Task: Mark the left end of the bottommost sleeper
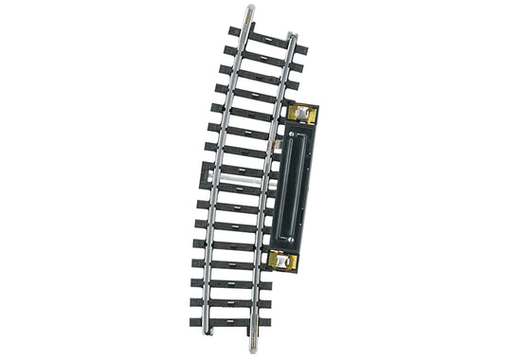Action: (194, 319)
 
